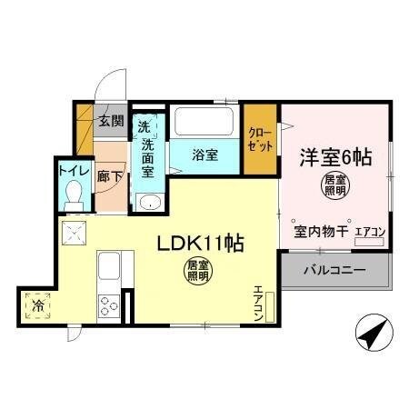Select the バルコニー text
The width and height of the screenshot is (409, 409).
pyautogui.click(x=334, y=270)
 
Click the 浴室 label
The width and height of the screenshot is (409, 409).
pyautogui.click(x=204, y=155)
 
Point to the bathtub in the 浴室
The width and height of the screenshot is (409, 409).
pyautogui.click(x=204, y=122)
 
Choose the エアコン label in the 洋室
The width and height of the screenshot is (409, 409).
pyautogui.click(x=369, y=233)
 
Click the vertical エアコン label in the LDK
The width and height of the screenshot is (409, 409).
pyautogui.click(x=258, y=304)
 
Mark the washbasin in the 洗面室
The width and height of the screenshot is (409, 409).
pyautogui.click(x=148, y=203)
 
